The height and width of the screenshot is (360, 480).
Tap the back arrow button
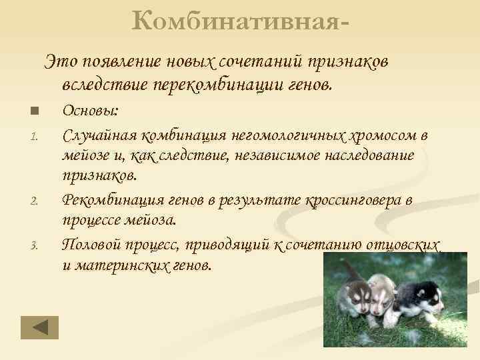pos(39,327)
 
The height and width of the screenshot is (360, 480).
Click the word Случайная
pos(98,136)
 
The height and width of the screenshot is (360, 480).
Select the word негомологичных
pos(289,136)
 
